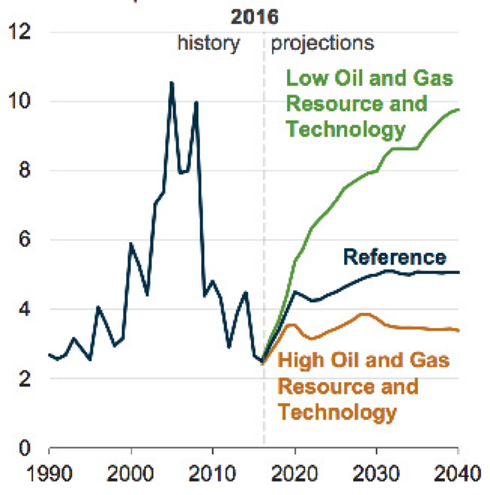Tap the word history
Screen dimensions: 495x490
point(209,43)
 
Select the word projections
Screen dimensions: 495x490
point(323,43)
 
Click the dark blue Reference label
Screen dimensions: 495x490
point(394,257)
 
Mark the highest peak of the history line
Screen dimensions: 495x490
point(171,82)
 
